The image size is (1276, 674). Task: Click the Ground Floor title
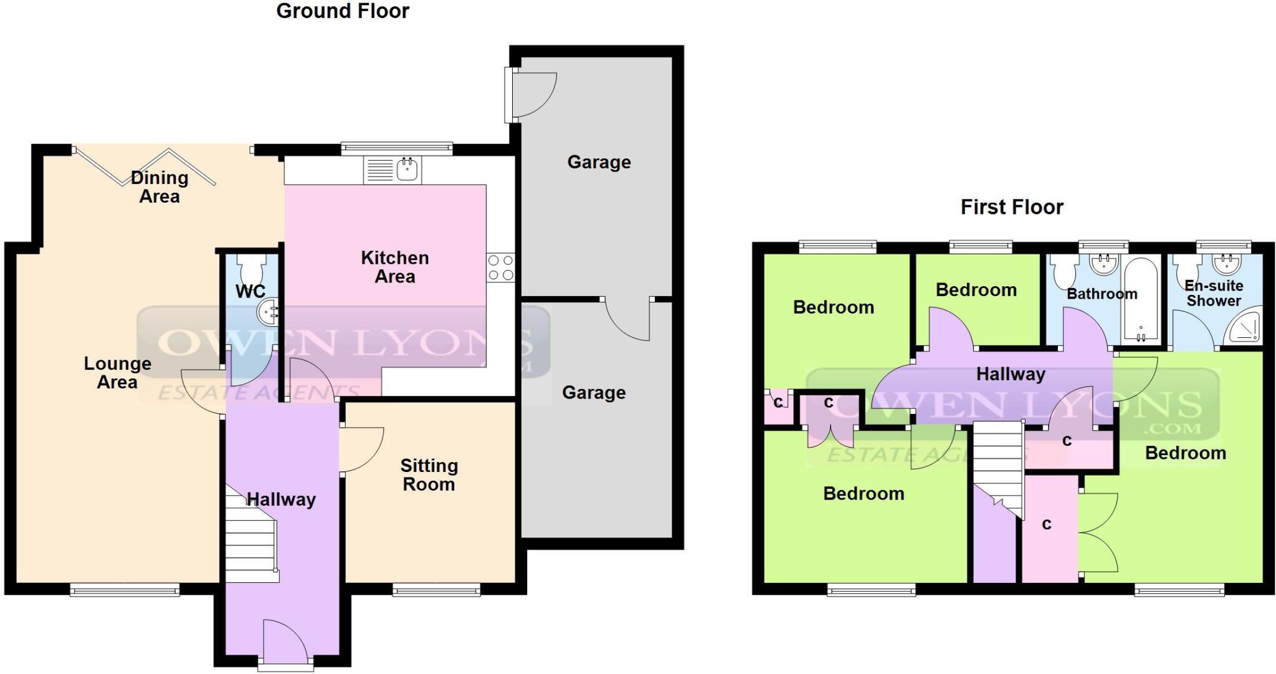(x=343, y=11)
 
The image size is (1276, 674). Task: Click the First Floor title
(x=1012, y=207)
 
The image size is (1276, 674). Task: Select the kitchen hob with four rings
(x=501, y=267)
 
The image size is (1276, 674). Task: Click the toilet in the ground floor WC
(x=252, y=268)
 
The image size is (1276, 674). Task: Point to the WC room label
(x=250, y=291)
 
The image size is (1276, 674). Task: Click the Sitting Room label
(x=429, y=475)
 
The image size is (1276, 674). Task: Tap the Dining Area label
(x=159, y=187)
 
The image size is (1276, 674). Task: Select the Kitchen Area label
(x=394, y=267)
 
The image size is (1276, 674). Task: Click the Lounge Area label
(x=117, y=373)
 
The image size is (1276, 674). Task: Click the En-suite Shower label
(x=1213, y=293)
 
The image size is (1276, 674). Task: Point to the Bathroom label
(x=1102, y=294)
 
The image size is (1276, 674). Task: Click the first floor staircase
(x=998, y=465)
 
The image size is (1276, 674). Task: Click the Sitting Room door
(x=361, y=449)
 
